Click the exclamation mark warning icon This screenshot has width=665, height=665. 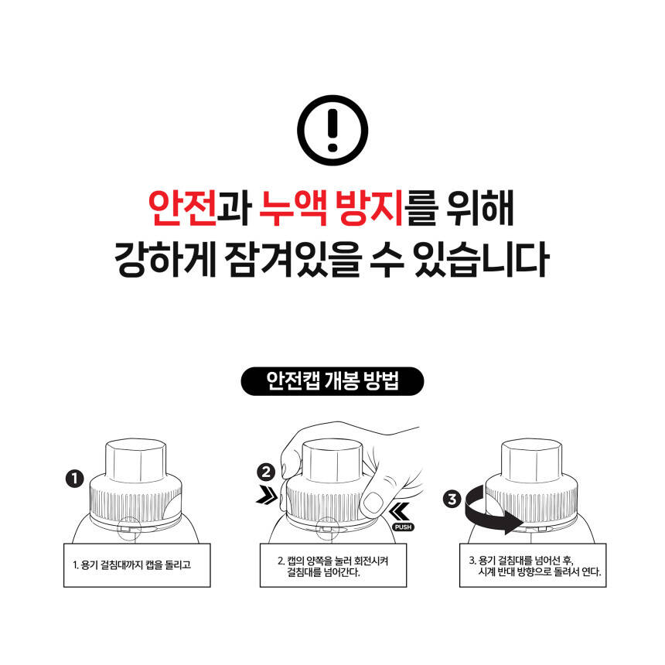click(332, 130)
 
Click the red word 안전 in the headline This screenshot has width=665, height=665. click(182, 208)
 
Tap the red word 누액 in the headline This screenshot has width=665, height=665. click(293, 208)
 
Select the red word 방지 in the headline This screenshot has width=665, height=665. click(369, 208)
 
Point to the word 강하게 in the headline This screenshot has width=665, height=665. click(165, 259)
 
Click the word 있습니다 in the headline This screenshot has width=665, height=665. click(482, 259)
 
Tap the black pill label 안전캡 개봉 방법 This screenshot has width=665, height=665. click(332, 381)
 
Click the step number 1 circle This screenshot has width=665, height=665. click(75, 479)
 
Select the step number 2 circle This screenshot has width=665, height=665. click(266, 472)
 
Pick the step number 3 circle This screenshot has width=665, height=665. click(452, 499)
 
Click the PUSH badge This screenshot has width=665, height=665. click(403, 527)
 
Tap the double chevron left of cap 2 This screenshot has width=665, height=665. click(267, 496)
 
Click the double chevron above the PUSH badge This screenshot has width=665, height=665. click(400, 511)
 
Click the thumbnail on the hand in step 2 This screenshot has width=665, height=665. click(373, 503)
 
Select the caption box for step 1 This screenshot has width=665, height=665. click(137, 565)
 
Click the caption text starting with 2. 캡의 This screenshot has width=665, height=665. click(333, 566)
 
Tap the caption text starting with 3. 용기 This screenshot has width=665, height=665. click(535, 566)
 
